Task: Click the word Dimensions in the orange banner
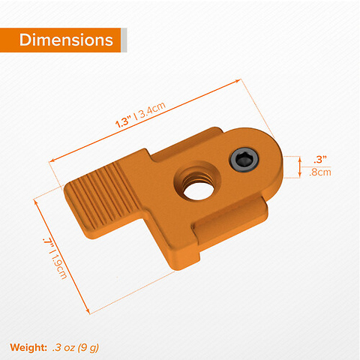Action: [x=66, y=40]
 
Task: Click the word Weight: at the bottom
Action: [x=29, y=346]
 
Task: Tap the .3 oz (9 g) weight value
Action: [x=76, y=346]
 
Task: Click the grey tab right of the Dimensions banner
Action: [x=124, y=40]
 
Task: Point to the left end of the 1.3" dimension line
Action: [x=50, y=160]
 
